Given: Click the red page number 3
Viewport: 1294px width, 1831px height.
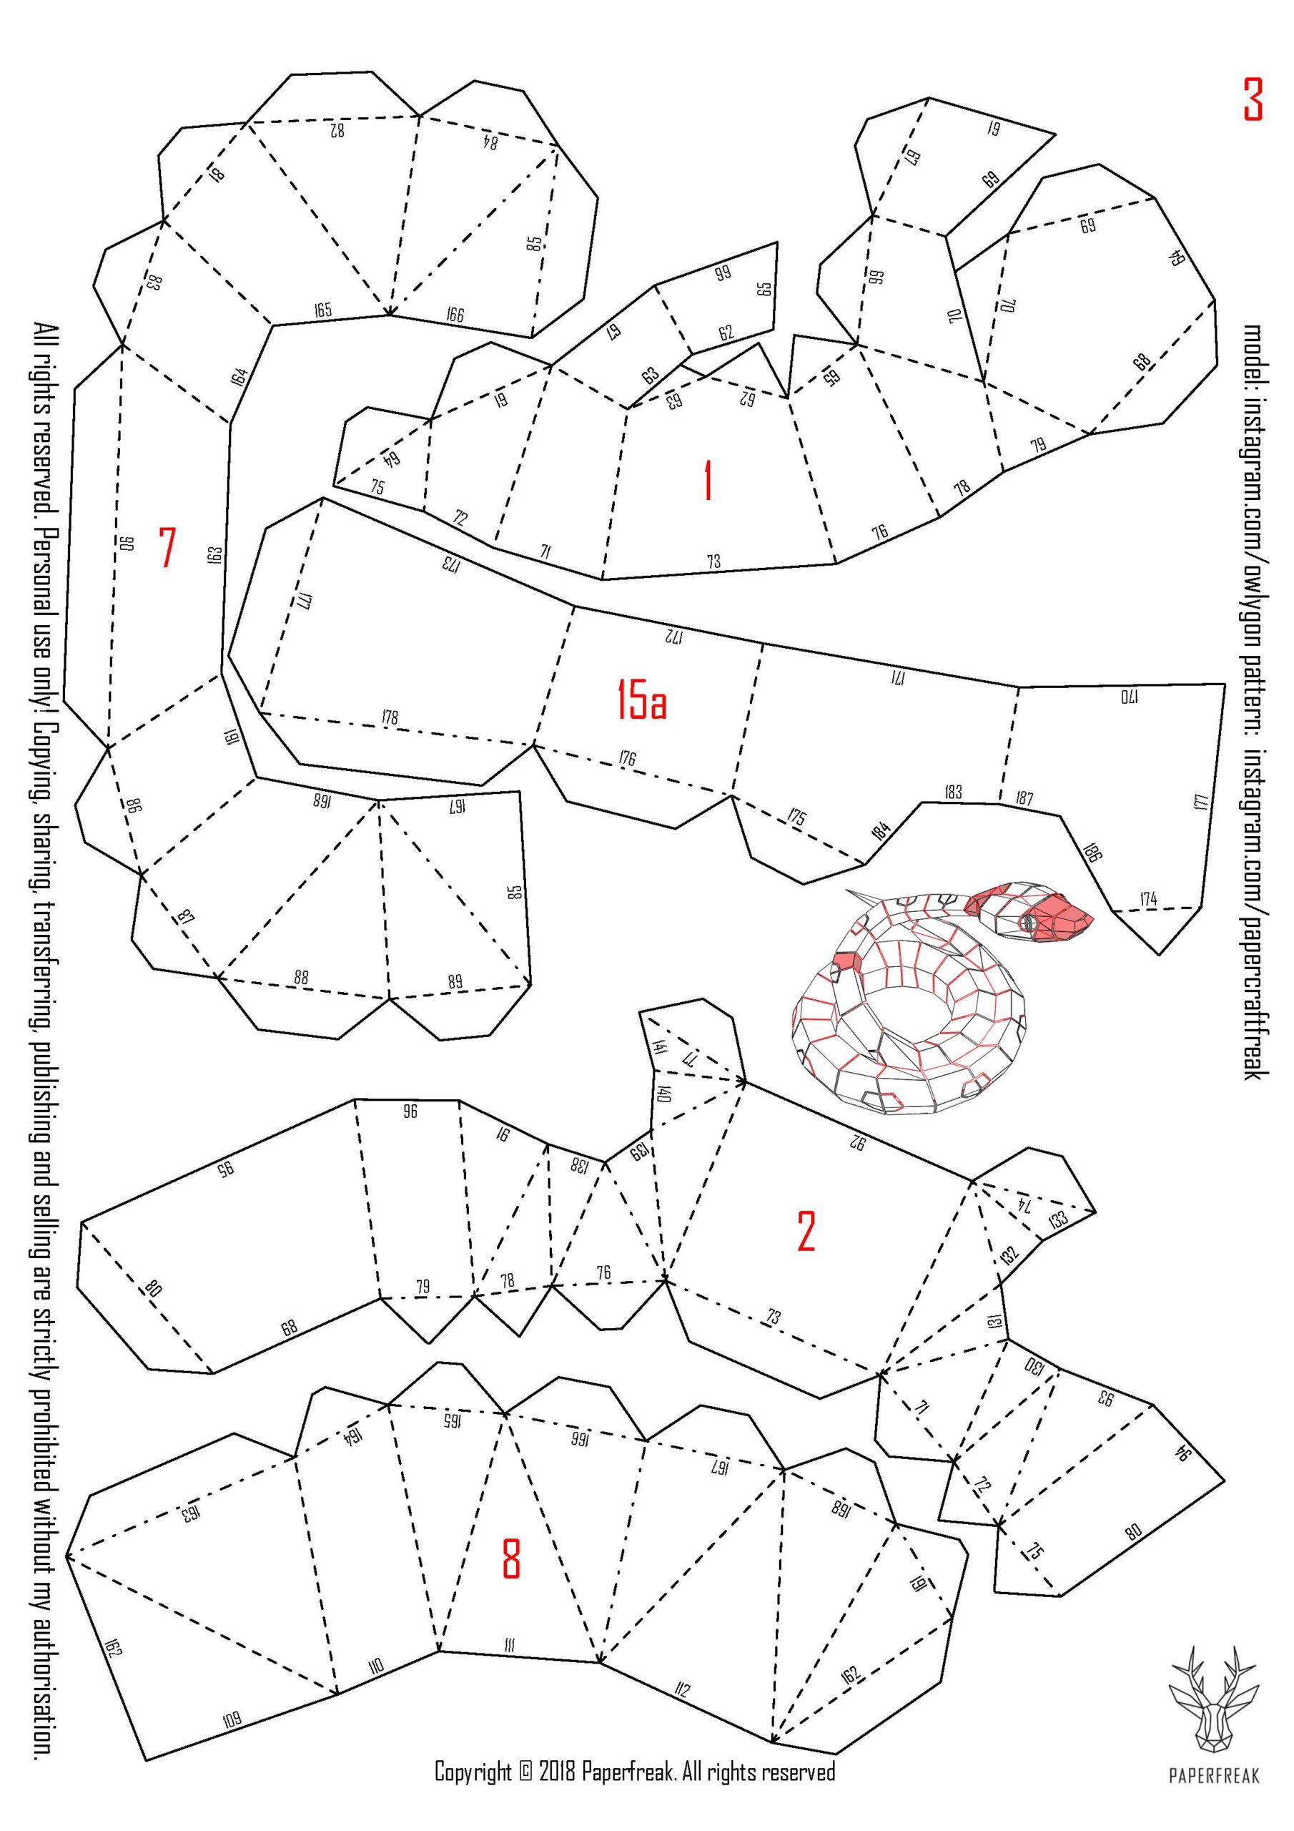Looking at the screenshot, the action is point(1253,99).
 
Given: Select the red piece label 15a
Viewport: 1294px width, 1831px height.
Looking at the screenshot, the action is point(641,699).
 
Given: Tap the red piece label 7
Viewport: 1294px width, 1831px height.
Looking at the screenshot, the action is point(167,547).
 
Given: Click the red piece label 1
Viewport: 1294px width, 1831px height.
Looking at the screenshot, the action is point(707,481).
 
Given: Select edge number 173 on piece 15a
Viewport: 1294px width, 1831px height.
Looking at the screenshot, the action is point(452,564).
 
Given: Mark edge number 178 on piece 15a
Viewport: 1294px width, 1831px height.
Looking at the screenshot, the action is point(390,717).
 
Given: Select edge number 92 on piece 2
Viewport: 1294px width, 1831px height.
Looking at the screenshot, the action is point(857,1143).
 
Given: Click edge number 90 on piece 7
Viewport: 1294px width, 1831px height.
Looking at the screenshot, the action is point(127,543).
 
